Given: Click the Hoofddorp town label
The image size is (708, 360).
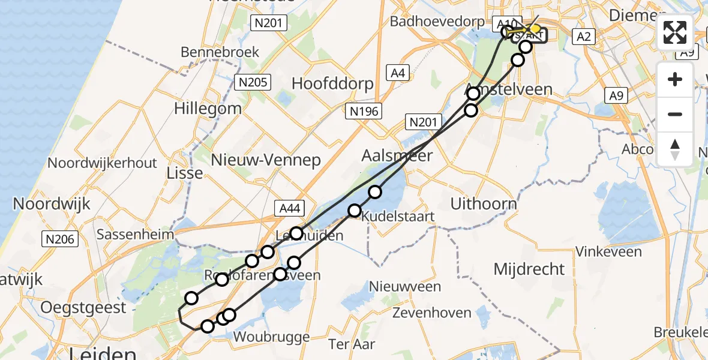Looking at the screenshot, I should (x=332, y=83).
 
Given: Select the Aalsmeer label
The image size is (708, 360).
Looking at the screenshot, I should (x=397, y=155).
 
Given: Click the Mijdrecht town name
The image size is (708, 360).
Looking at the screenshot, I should (x=529, y=269).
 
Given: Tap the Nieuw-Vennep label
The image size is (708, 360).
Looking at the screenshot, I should (x=266, y=160).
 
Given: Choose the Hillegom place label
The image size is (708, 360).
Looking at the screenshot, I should (x=208, y=109).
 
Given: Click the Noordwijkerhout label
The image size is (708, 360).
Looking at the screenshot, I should (x=102, y=163).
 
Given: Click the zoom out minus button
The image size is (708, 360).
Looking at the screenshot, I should (x=675, y=114).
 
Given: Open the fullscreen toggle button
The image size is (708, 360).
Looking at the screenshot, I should (x=675, y=32).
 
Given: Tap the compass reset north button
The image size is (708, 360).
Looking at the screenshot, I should (x=675, y=148).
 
